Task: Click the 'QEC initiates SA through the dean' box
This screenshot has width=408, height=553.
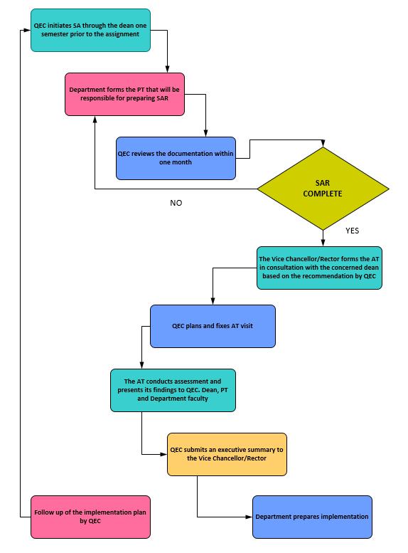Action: click(x=90, y=31)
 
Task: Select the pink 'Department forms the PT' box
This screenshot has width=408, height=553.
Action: click(x=124, y=94)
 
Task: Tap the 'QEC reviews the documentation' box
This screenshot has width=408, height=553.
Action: click(x=176, y=158)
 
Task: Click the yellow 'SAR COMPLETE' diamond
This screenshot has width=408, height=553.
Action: click(x=323, y=189)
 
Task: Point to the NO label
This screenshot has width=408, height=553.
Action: click(x=176, y=203)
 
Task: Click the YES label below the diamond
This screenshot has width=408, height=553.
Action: click(x=353, y=231)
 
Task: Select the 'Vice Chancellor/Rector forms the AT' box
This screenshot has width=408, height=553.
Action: click(x=319, y=268)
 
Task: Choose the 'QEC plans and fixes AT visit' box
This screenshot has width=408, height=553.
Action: click(x=213, y=326)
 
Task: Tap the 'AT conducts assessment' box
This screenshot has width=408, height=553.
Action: click(x=173, y=391)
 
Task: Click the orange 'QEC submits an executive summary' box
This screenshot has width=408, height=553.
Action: click(x=227, y=454)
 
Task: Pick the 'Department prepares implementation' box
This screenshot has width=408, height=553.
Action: click(x=312, y=517)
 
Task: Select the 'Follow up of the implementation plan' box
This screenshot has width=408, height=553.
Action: click(x=90, y=517)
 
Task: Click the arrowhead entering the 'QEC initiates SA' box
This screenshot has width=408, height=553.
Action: click(x=28, y=31)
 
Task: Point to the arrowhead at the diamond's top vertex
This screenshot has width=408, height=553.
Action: click(x=323, y=143)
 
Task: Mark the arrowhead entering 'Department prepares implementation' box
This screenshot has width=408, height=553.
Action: click(x=249, y=517)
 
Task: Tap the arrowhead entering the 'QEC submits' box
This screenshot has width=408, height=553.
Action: click(x=163, y=454)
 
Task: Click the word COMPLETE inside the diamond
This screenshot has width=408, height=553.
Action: click(x=323, y=194)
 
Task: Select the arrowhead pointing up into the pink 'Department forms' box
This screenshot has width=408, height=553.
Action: click(x=95, y=119)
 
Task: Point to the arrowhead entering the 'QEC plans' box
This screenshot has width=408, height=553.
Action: click(x=213, y=302)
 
